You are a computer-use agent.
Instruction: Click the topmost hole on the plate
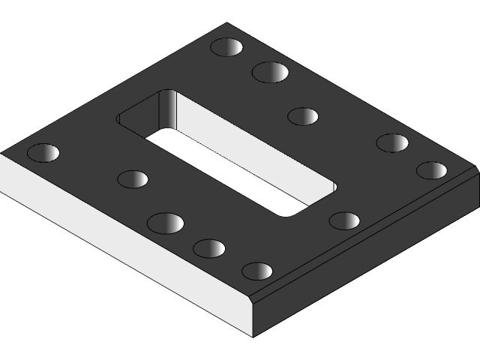tap(226, 47)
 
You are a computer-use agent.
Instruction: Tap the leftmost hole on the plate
tap(43, 153)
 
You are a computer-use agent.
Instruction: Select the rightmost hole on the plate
tap(431, 170)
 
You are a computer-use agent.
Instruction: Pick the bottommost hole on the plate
tap(257, 271)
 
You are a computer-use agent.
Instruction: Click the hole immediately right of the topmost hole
tap(271, 72)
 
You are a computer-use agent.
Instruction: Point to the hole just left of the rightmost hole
tap(392, 142)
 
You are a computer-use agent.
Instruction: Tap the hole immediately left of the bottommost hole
tap(209, 248)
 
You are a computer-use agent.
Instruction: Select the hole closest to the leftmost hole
tap(133, 179)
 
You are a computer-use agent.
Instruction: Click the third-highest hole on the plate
tap(303, 116)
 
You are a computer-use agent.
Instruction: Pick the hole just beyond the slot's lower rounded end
tap(344, 220)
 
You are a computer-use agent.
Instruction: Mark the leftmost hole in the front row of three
tap(166, 223)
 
